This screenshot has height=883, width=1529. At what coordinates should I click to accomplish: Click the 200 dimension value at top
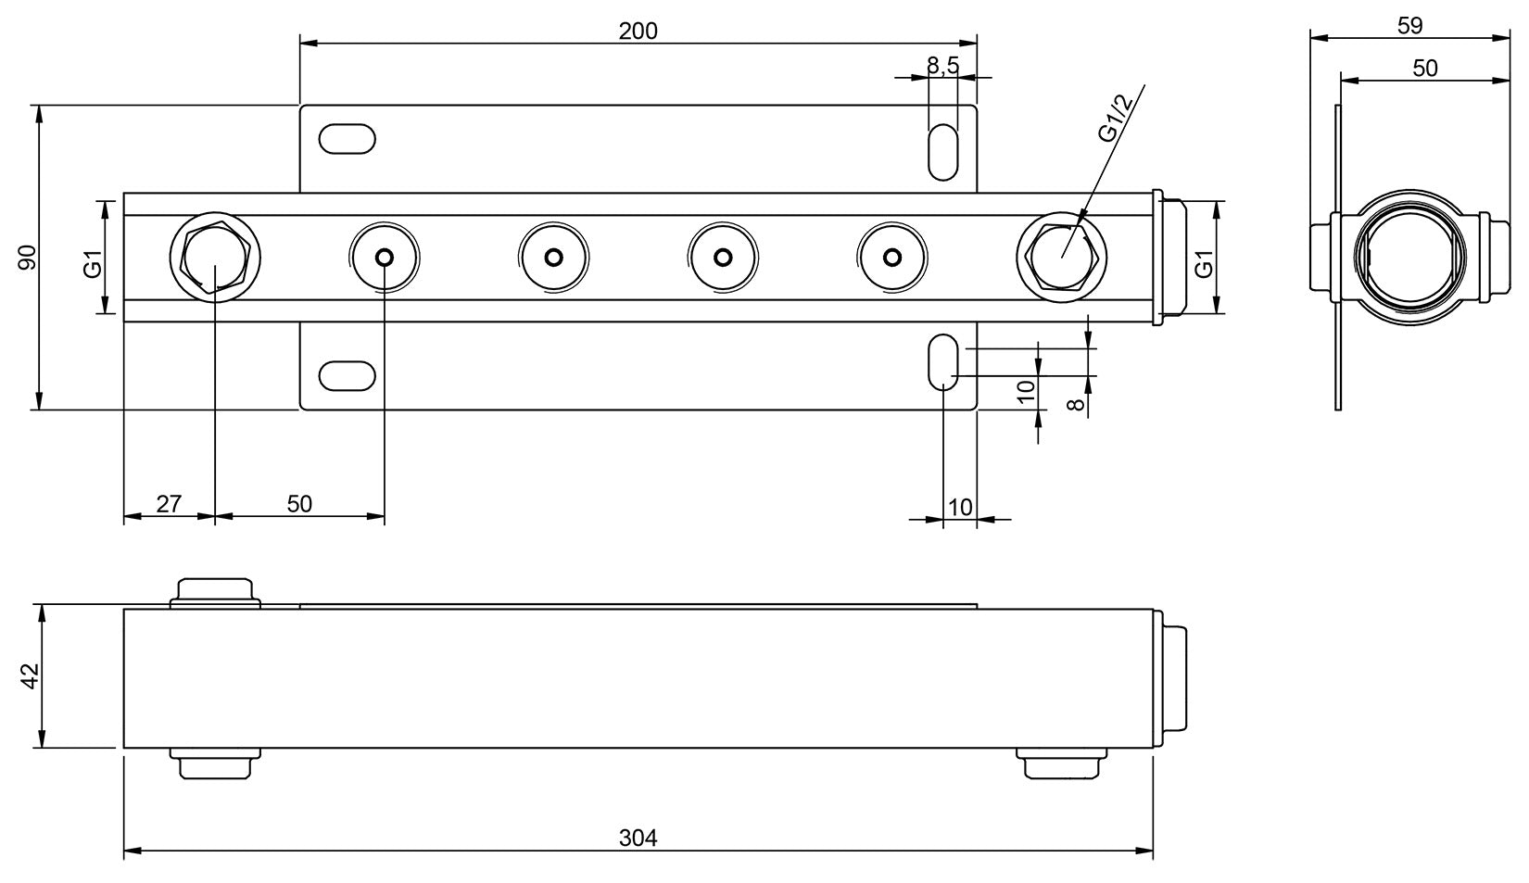pos(638,31)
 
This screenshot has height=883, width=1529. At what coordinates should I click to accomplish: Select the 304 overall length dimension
pos(638,838)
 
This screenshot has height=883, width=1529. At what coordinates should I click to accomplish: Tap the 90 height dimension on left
pos(27,257)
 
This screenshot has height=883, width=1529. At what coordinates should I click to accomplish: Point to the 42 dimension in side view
pos(29,676)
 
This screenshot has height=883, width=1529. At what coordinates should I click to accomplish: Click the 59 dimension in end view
pos(1409,26)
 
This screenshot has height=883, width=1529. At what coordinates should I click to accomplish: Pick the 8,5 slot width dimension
pos(942,65)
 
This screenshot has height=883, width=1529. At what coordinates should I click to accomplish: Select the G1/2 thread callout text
pos(1115,119)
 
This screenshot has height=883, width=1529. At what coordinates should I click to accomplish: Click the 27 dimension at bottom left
pos(169,504)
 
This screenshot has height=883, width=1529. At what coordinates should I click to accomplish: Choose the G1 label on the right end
pos(1204,263)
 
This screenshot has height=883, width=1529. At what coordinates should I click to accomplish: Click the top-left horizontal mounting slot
pos(347,139)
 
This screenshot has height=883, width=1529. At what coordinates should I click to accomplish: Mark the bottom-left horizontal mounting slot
pos(347,375)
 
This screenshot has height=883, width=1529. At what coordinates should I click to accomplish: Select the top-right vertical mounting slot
pos(942,150)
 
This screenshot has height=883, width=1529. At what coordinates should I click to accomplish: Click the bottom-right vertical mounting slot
pos(942,363)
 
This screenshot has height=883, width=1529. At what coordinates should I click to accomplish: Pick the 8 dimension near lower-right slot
pos(1076,404)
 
